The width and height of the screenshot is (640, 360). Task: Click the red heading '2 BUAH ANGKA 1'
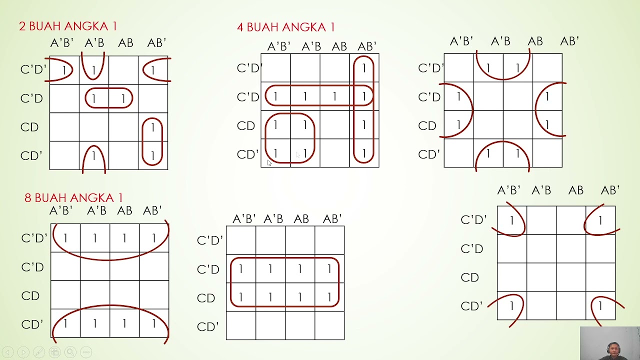68,26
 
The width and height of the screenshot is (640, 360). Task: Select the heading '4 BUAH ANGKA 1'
285,27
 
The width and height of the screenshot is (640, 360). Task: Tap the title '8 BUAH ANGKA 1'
73,197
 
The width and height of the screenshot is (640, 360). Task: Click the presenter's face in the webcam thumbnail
613,349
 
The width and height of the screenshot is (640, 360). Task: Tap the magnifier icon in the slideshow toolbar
70,352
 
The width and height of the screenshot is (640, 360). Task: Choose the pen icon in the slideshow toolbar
39,352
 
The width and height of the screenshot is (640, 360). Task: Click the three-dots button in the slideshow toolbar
86,352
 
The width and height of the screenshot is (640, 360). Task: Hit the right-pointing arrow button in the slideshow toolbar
23,352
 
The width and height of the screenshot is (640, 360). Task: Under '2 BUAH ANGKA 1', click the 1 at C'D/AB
123,98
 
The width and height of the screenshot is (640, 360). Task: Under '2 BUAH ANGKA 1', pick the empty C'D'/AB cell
123,70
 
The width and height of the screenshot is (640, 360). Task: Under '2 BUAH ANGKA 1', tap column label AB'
156,43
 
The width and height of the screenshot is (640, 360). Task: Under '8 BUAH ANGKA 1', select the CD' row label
32,324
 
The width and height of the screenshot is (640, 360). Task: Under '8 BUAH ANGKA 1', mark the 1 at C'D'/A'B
95,238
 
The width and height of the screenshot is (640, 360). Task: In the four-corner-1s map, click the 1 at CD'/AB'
600,306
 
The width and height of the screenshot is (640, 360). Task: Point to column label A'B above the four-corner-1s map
541,190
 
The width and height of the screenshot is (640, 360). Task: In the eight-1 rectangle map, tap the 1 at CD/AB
300,297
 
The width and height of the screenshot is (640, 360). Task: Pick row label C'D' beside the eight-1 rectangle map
210,240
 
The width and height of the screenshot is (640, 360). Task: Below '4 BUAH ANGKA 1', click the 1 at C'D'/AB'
364,68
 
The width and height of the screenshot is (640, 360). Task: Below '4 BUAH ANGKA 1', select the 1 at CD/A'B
305,125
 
